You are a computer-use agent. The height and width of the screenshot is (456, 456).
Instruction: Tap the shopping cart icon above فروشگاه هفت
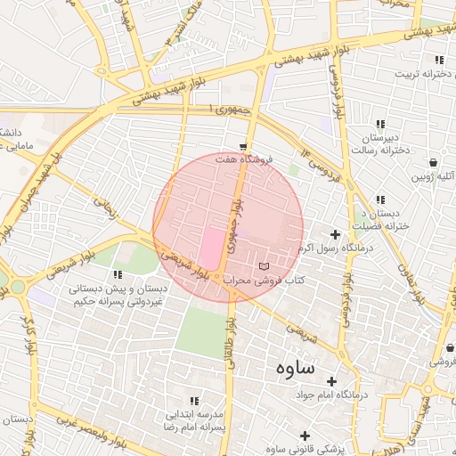[243, 145]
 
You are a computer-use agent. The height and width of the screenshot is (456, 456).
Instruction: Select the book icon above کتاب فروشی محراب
[263, 266]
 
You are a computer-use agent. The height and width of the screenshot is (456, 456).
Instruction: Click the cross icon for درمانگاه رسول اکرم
[335, 235]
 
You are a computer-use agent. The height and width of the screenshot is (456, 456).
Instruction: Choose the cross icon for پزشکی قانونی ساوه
[305, 436]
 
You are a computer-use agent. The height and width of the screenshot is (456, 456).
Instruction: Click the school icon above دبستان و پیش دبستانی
[118, 274]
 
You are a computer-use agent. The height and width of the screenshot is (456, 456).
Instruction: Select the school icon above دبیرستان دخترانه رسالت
[380, 124]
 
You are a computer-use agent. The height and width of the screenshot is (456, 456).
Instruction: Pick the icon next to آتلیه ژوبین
[433, 163]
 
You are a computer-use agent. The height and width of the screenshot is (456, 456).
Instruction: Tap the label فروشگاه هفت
[248, 159]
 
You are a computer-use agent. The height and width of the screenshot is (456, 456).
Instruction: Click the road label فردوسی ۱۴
[320, 164]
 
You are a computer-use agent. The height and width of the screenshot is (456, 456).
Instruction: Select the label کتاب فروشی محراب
[264, 280]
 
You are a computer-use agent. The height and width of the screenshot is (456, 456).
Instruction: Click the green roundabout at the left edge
[17, 287]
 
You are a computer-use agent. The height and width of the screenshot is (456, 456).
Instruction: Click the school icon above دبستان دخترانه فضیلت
[381, 199]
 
